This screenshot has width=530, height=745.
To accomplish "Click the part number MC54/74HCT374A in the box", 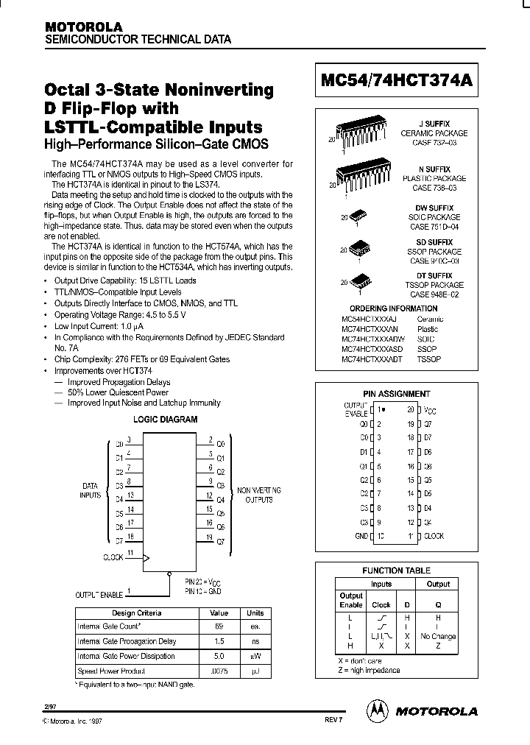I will (x=396, y=83).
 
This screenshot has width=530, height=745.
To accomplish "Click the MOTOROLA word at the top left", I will (x=77, y=26).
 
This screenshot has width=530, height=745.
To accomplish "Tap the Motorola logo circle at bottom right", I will (x=376, y=710).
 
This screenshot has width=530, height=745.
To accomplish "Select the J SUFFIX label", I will (x=434, y=124).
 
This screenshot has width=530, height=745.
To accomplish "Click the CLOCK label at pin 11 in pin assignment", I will (x=434, y=537).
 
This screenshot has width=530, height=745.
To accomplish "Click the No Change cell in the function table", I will (x=438, y=636).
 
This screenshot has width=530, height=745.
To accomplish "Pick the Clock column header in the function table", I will (x=381, y=604).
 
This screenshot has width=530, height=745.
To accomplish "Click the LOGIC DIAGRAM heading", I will (x=165, y=420).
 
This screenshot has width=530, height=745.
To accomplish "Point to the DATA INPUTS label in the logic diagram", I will (x=91, y=491).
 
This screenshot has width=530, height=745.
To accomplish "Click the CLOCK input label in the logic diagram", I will (x=113, y=557).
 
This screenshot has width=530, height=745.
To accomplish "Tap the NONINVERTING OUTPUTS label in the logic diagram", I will (x=255, y=495).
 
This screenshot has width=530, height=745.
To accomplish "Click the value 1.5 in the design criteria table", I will (x=219, y=641).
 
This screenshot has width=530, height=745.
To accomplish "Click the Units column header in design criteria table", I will (x=255, y=612).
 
